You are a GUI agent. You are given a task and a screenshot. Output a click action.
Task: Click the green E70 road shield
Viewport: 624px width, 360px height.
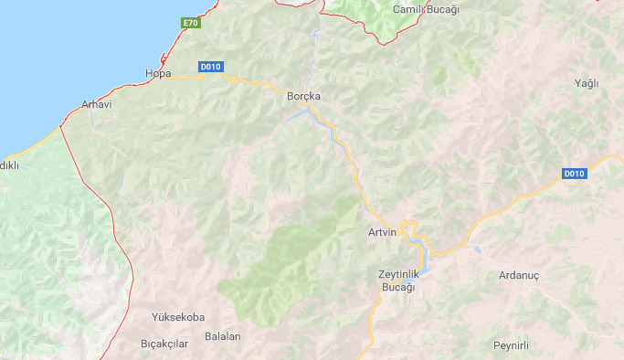[x=190, y=22]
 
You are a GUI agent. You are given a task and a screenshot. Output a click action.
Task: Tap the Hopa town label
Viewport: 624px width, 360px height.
[x=158, y=72]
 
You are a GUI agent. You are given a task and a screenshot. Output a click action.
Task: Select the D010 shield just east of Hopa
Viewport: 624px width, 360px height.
[x=211, y=66]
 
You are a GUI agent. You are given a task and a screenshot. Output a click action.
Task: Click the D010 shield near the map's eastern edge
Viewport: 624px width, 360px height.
[x=573, y=174]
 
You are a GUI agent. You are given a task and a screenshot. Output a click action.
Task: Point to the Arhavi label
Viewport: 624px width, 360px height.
[x=96, y=104]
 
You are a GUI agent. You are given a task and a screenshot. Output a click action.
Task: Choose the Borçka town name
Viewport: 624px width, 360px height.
[x=304, y=95]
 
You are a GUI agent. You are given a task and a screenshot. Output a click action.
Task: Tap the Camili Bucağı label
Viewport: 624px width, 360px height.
[x=425, y=9]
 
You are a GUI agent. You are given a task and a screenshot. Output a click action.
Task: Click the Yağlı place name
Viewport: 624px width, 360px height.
[x=586, y=83]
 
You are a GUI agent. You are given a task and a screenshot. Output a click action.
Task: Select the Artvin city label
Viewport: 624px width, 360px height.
[x=382, y=232]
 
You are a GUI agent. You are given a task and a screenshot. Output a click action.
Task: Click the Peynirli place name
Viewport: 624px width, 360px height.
[x=511, y=344]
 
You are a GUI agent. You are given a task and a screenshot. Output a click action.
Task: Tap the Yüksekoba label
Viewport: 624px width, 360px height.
[x=178, y=317]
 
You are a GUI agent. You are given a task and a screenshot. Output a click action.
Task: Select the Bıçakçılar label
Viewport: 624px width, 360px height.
[x=164, y=344]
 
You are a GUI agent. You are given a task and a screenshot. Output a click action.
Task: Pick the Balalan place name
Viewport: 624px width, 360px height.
[x=223, y=336]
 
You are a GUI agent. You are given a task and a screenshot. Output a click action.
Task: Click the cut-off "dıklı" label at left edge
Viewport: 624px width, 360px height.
[x=9, y=164]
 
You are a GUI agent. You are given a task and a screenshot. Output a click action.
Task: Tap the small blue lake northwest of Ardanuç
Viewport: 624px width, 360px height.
[x=477, y=248]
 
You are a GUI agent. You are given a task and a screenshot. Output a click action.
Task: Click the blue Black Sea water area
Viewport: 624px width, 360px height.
[x=64, y=46]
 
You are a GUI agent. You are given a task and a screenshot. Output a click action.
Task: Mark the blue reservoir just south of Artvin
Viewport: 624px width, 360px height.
[x=422, y=246]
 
